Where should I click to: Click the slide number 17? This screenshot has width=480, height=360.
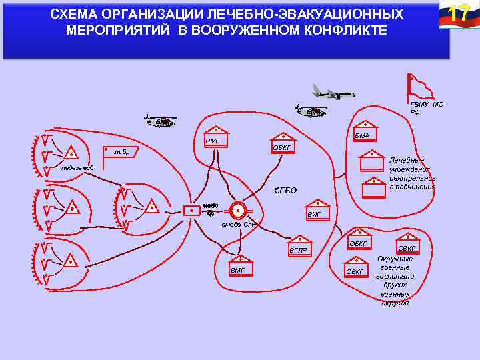click(x=457, y=13)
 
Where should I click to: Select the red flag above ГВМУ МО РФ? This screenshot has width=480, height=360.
click(x=419, y=86)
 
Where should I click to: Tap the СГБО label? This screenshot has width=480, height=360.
click(x=285, y=191)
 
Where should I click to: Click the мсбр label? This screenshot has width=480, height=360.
click(x=121, y=153)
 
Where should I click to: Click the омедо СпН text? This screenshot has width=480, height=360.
click(x=239, y=225)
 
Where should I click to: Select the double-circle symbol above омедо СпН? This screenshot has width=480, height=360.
click(x=237, y=210)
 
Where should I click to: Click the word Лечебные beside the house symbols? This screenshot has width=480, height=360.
click(x=407, y=161)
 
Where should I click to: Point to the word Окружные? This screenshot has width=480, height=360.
click(x=395, y=259)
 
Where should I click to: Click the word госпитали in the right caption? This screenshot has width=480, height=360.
click(x=395, y=276)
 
